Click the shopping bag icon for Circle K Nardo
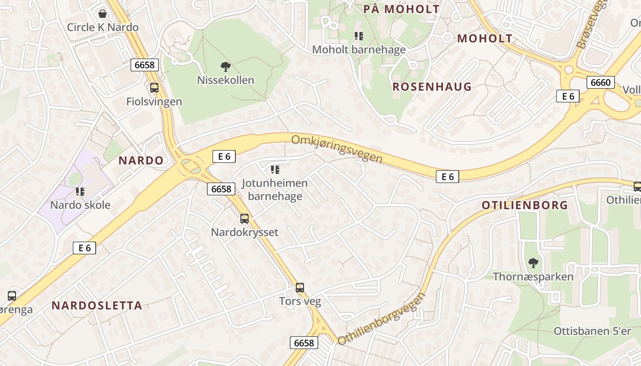[103, 14]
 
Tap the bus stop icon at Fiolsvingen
[154, 88]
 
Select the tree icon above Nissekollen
[225, 67]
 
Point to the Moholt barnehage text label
[359, 49]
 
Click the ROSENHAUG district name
[432, 86]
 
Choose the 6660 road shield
[600, 82]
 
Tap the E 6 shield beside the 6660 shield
[568, 96]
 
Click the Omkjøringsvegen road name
[337, 148]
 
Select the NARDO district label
[141, 160]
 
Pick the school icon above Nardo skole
[80, 192]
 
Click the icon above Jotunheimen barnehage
[275, 170]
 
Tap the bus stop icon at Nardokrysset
[244, 219]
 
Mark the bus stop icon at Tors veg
[300, 288]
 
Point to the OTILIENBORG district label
[525, 205]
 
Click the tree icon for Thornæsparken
[533, 263]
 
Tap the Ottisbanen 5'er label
[592, 331]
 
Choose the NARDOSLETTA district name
[97, 306]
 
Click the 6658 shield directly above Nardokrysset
[221, 188]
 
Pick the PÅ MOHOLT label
[401, 9]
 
